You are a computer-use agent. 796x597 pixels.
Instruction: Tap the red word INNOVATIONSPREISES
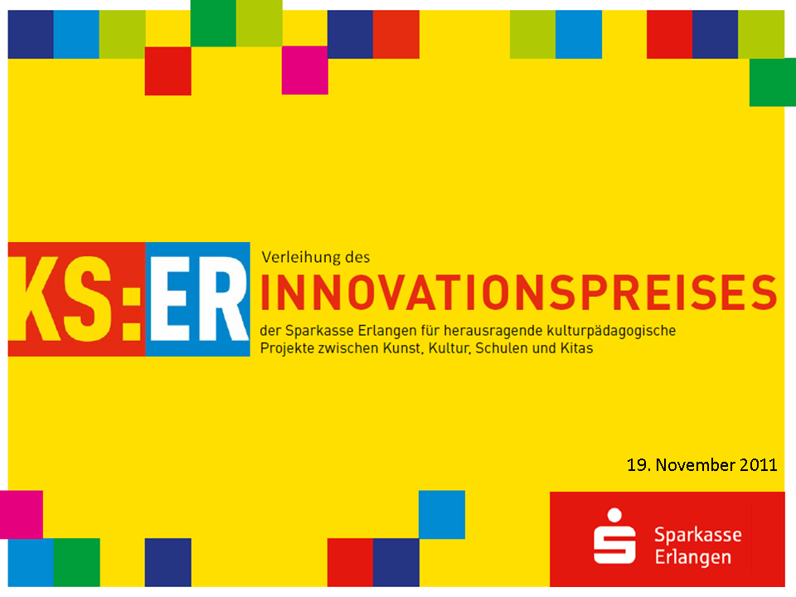(518, 293)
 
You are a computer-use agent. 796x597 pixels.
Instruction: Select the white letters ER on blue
(199, 299)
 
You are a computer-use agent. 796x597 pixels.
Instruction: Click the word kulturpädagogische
(611, 331)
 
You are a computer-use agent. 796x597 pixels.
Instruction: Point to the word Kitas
(576, 348)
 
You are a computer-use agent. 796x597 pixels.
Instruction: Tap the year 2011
(758, 465)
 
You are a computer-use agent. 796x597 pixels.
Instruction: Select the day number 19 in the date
(638, 465)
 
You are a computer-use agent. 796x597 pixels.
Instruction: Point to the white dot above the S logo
(614, 515)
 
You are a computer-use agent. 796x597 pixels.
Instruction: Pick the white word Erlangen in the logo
(693, 558)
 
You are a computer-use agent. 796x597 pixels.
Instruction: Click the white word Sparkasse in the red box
(698, 536)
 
